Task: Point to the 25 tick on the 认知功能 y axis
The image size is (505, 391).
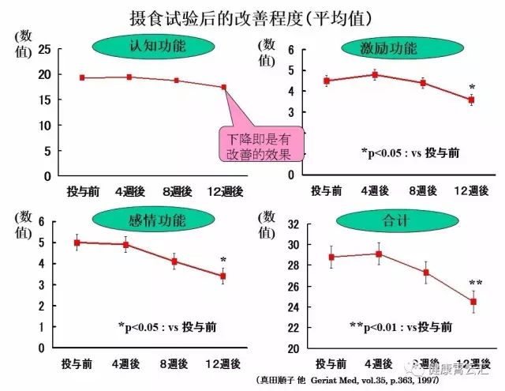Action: [x=44, y=49]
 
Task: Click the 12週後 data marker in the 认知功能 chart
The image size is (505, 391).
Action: [x=224, y=87]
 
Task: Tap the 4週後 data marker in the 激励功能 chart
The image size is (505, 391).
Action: [x=375, y=75]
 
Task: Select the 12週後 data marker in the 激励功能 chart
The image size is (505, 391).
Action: [x=472, y=100]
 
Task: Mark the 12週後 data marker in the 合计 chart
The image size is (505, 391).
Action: [x=473, y=302]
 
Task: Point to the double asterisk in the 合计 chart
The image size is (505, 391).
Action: [x=475, y=284]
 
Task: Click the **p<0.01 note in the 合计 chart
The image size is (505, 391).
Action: [x=401, y=326]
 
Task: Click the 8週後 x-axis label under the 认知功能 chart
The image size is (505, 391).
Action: [x=176, y=190]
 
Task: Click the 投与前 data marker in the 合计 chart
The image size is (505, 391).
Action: [x=331, y=257]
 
